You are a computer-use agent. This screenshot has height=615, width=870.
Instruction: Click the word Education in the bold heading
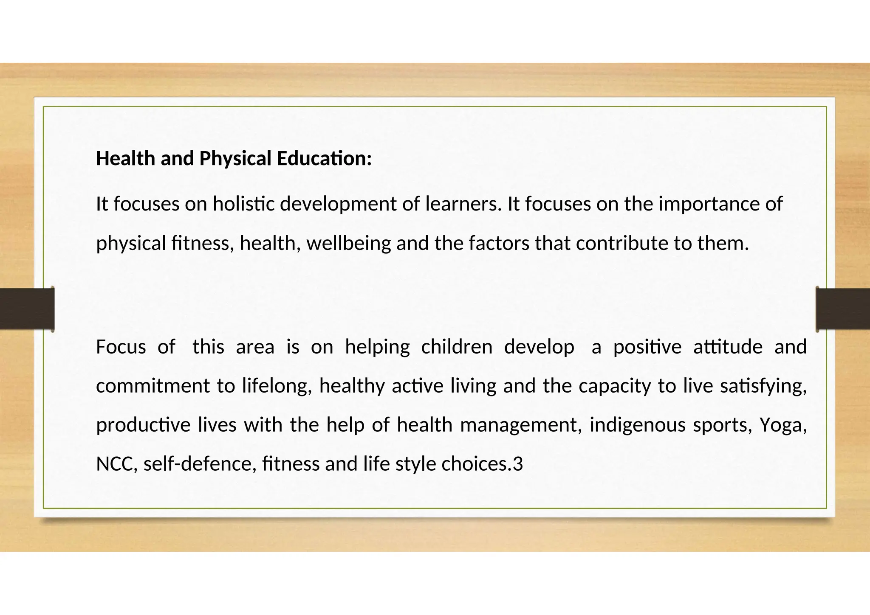coord(324,159)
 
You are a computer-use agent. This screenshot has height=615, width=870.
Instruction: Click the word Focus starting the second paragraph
coord(121,347)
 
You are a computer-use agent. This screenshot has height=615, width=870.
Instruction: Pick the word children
coord(457,347)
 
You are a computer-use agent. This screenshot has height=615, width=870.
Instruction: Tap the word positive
coord(647,347)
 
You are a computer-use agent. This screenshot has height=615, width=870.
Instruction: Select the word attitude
coord(728,347)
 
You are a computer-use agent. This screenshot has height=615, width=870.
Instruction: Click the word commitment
coord(153,386)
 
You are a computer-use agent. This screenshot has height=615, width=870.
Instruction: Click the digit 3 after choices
coord(518,464)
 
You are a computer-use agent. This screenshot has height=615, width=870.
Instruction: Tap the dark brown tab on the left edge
coord(27,309)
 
